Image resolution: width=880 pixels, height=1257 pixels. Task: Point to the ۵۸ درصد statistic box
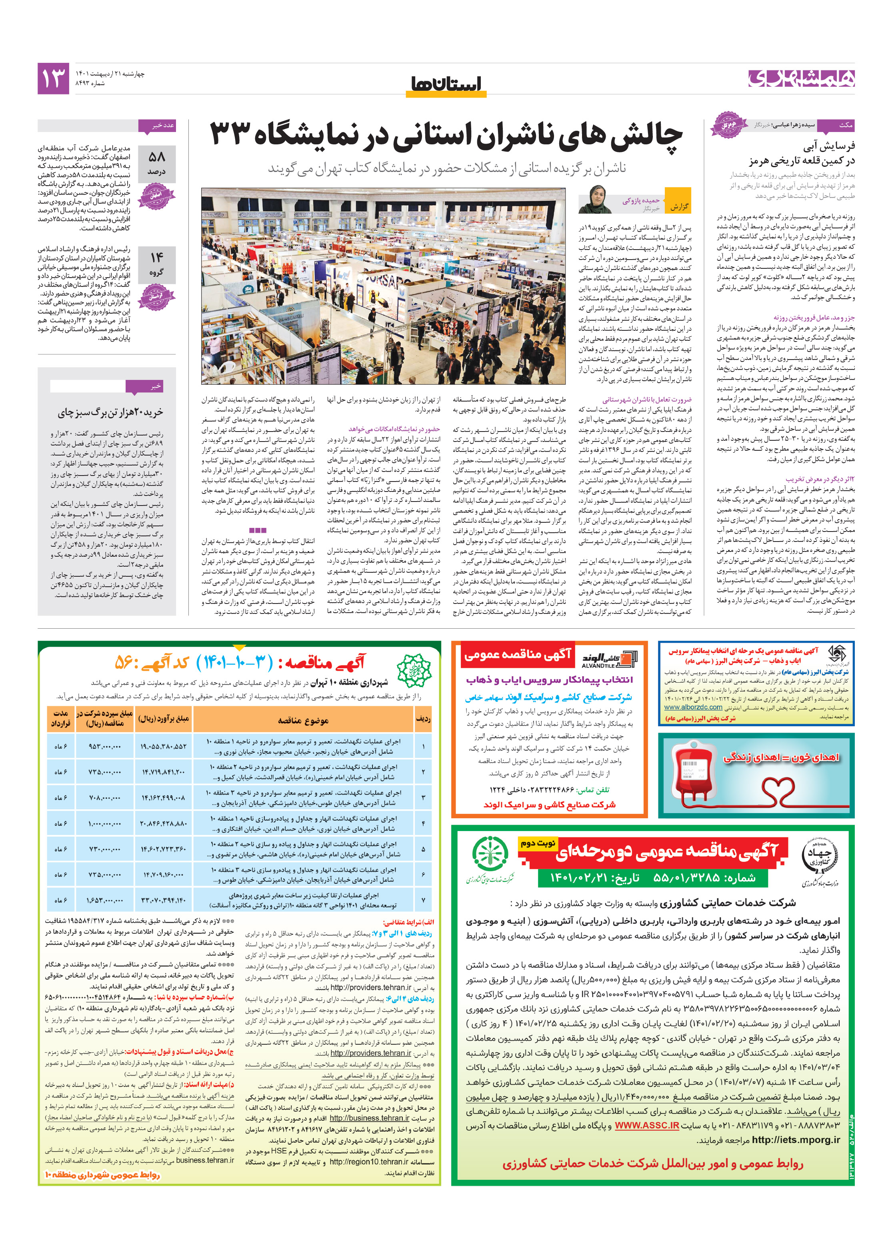(x=157, y=164)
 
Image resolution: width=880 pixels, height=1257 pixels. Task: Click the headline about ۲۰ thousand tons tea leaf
(x=111, y=412)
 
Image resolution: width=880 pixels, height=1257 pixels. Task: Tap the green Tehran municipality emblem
(x=414, y=670)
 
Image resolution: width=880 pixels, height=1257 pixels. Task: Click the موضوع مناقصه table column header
(x=303, y=720)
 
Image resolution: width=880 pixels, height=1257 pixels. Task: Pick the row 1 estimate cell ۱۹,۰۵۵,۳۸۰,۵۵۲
(x=163, y=746)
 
